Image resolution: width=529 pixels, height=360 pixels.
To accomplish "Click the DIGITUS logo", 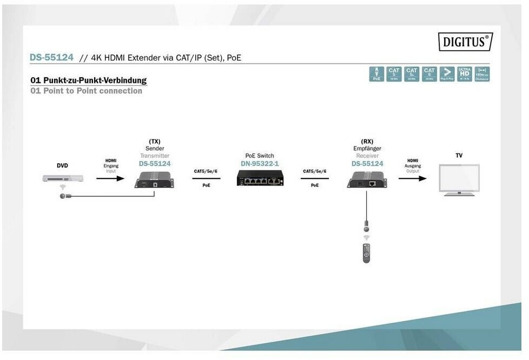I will (465, 42).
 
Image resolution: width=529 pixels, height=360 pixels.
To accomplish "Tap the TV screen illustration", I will (459, 178).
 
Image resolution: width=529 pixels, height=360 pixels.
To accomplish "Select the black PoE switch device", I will (260, 178).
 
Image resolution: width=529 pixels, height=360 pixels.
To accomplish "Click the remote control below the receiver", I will (366, 253).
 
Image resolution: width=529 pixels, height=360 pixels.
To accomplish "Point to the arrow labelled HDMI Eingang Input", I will (110, 178).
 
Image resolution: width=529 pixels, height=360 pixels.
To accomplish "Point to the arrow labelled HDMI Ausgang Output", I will (412, 178).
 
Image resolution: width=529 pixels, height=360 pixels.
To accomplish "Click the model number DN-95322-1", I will (260, 163).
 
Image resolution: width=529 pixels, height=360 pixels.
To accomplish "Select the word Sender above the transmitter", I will (155, 149).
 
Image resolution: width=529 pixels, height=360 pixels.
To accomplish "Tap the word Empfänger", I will (367, 149).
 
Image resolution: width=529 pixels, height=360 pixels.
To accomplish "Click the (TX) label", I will (155, 142).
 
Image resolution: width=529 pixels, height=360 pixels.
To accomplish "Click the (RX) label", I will (367, 142).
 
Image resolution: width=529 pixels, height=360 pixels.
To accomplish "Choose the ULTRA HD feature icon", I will (464, 74).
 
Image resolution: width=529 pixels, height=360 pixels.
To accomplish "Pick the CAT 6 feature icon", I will (429, 74).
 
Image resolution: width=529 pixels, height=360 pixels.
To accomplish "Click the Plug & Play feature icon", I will (447, 74).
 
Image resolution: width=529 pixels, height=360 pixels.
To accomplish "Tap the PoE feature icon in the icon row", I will (376, 74).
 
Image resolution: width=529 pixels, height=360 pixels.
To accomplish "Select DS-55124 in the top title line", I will (51, 57).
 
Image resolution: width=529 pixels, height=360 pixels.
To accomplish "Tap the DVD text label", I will (62, 165).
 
